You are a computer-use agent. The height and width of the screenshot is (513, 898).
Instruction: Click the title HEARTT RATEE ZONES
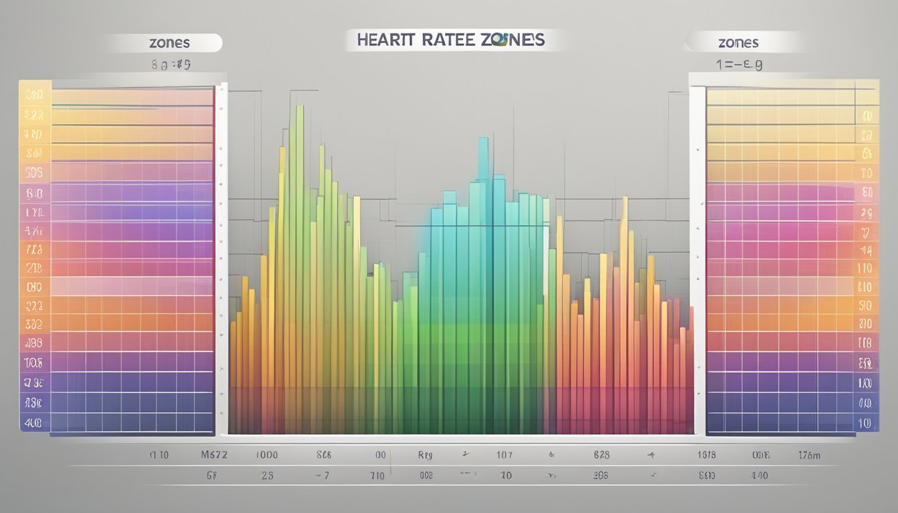coord(451,40)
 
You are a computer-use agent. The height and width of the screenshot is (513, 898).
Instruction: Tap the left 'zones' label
coord(169,43)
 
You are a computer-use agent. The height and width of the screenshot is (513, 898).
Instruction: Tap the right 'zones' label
coord(738,43)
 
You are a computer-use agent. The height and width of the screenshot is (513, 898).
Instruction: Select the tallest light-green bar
coord(299,200)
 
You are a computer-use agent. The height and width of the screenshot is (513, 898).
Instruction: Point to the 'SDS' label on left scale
coord(34,172)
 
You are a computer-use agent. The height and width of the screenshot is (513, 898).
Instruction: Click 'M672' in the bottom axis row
coord(214,455)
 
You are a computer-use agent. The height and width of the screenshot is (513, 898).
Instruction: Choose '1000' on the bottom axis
coord(267,455)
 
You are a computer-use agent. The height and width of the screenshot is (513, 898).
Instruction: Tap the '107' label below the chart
coord(504,455)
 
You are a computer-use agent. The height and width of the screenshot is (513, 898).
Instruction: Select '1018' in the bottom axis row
coord(706,455)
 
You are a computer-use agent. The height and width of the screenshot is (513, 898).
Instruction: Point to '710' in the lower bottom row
coord(377,476)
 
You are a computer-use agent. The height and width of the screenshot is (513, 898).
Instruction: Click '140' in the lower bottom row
coord(759,476)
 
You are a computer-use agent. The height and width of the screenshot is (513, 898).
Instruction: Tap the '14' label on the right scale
coord(867,251)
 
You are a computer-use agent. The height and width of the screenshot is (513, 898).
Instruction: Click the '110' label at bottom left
coord(159,455)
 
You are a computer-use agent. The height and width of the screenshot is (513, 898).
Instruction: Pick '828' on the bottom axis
coord(601,455)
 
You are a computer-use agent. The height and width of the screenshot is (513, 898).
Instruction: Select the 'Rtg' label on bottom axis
coord(425,455)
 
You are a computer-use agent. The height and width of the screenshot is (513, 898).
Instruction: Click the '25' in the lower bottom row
coord(267,476)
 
